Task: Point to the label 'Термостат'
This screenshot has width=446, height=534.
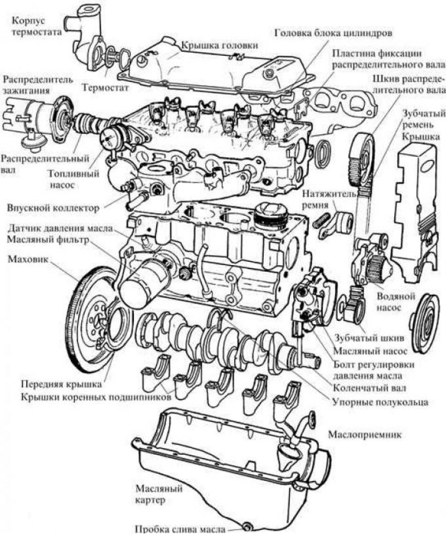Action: click(105, 88)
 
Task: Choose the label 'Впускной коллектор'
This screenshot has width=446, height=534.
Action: click(54, 208)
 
